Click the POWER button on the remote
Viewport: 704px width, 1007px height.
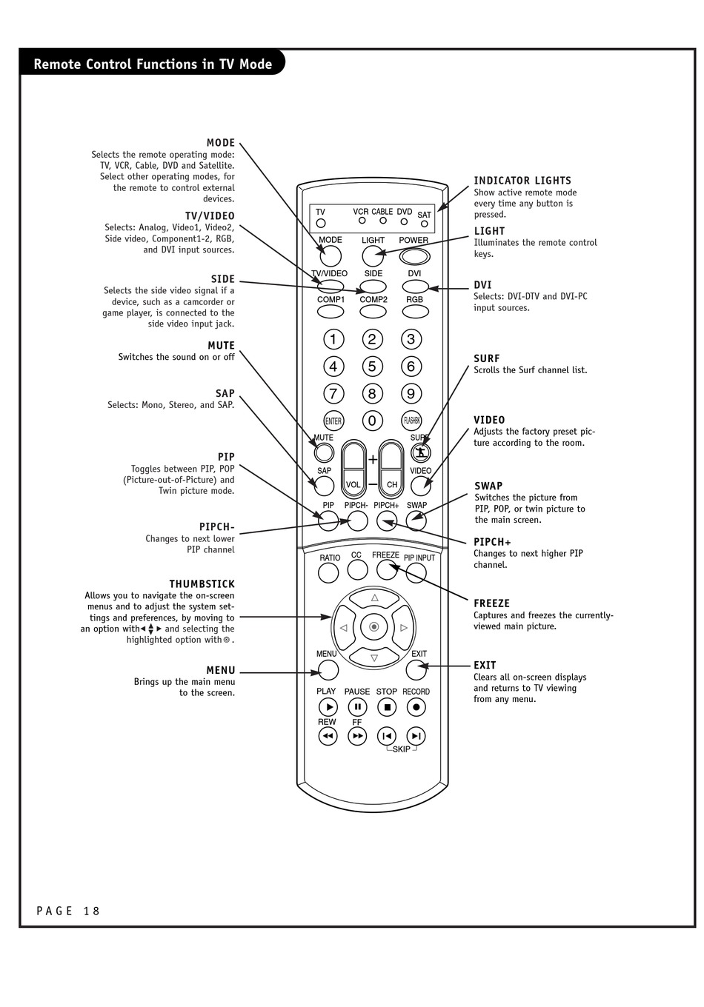415,256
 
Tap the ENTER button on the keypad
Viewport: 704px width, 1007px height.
333,421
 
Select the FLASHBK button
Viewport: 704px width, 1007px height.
411,421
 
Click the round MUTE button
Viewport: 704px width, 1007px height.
324,452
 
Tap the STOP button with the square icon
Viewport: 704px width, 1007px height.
387,707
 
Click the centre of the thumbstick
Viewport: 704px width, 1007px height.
374,627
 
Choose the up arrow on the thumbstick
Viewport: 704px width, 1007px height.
374,598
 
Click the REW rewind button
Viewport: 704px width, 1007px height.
328,736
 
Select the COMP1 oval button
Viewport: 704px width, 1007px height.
331,312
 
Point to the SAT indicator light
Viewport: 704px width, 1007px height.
425,224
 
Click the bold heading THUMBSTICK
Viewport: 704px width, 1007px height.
202,584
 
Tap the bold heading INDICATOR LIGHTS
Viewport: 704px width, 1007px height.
522,181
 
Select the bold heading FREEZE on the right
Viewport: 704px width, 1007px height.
492,603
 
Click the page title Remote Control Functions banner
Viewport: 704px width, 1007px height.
153,64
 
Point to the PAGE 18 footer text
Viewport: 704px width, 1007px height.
68,911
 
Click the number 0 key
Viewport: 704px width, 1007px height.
372,421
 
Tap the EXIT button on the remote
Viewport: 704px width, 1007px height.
416,670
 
